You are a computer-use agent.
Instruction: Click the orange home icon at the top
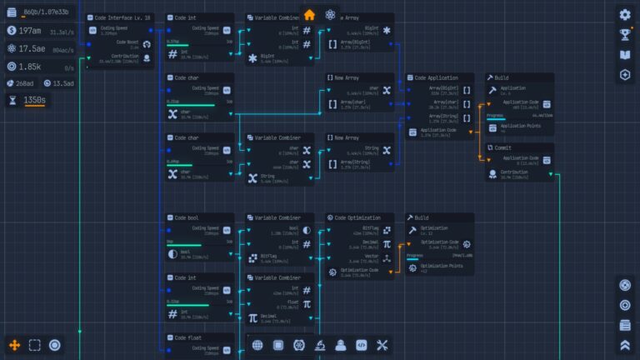click(310, 15)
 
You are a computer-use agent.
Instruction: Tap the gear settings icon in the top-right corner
click(625, 14)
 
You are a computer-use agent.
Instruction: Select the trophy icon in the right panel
click(625, 35)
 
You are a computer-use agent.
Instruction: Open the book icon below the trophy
click(625, 55)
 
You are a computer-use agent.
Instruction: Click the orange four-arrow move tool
click(14, 345)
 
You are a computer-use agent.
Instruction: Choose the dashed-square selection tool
click(35, 345)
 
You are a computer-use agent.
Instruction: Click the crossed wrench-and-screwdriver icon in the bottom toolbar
click(382, 345)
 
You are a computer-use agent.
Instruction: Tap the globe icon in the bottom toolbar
click(257, 345)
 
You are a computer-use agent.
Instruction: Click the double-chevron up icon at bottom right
click(625, 345)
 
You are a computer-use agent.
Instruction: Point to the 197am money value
click(31, 31)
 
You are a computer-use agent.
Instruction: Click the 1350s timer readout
click(35, 100)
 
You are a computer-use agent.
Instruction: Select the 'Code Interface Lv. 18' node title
click(123, 17)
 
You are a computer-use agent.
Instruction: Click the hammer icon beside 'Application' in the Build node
click(493, 89)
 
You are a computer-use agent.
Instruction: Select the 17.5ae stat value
click(32, 48)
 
